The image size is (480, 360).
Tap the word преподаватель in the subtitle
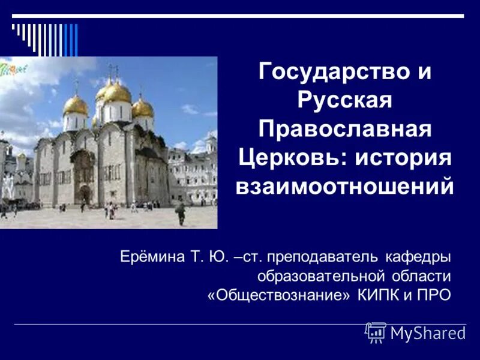pyautogui.click(x=323, y=258)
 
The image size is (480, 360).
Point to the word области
pyautogui.click(x=419, y=277)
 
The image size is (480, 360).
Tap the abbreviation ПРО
pyautogui.click(x=434, y=296)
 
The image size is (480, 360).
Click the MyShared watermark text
pyautogui.click(x=427, y=333)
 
